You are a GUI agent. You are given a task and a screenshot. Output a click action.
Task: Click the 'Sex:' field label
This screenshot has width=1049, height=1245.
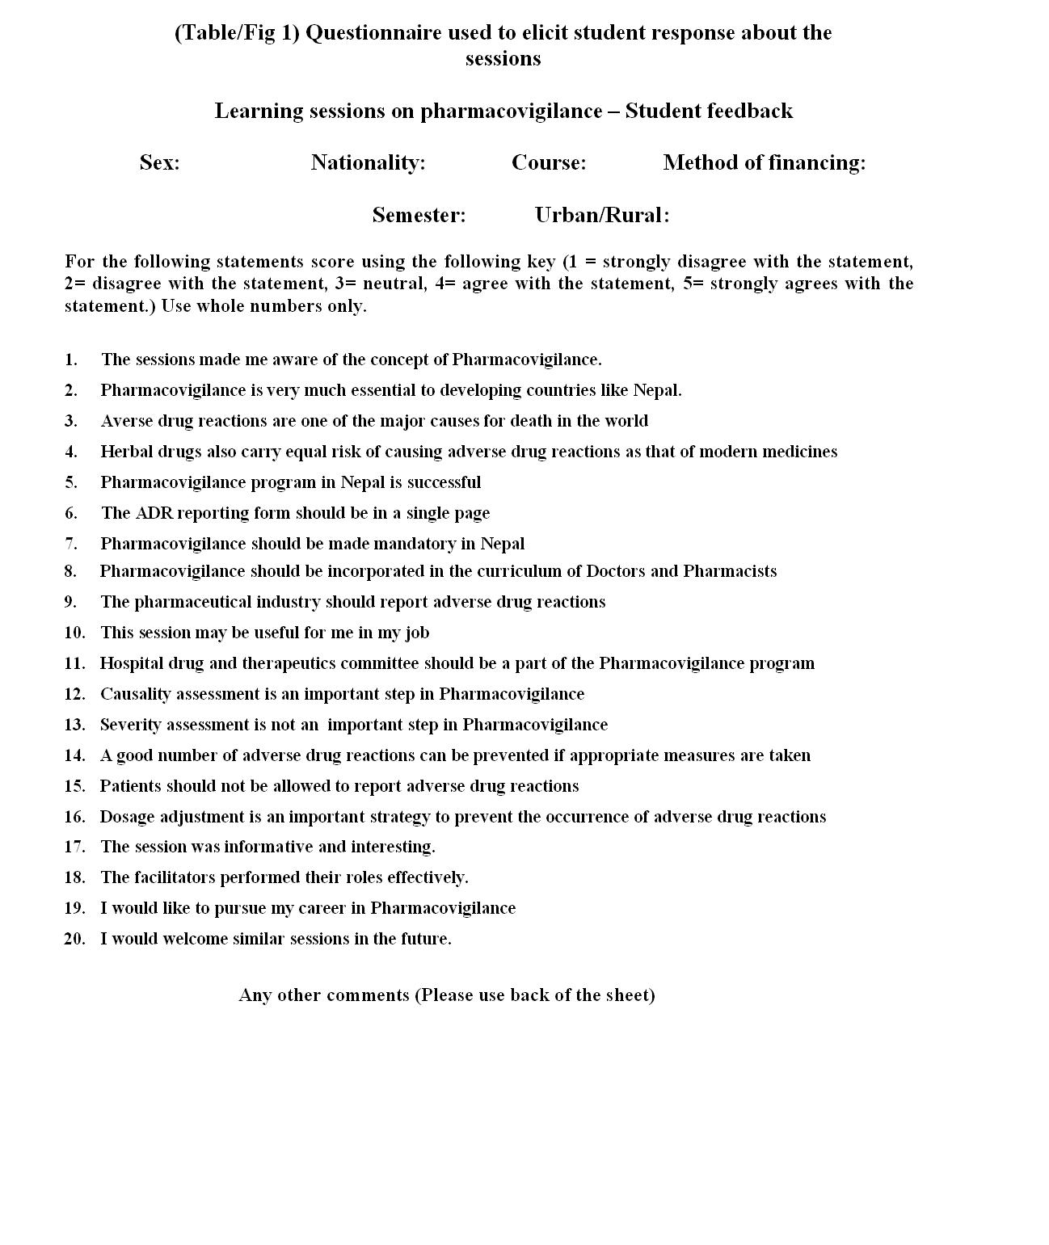coord(159,162)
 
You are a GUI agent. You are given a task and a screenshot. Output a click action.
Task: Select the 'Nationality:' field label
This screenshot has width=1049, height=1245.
coord(368,162)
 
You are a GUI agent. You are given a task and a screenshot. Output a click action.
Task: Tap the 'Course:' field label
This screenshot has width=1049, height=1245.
coord(549,162)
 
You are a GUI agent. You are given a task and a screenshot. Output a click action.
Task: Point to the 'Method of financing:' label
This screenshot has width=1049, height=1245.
coord(764,162)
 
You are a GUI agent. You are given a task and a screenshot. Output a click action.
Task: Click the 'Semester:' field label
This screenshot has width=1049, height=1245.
coord(419,215)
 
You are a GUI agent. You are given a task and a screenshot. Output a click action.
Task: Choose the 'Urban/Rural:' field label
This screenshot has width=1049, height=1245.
coord(601,215)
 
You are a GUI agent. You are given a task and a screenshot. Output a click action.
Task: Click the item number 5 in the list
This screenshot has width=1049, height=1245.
coord(71,482)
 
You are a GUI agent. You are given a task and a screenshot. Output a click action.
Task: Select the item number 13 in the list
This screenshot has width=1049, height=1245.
coord(74,725)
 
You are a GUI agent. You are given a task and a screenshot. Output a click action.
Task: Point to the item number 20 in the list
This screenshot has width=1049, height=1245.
coord(74,939)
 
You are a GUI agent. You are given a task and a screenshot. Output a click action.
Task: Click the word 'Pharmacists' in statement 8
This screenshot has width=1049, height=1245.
coord(730,571)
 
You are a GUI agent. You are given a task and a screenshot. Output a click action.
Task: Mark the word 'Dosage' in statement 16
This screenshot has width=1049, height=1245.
coord(127,817)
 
